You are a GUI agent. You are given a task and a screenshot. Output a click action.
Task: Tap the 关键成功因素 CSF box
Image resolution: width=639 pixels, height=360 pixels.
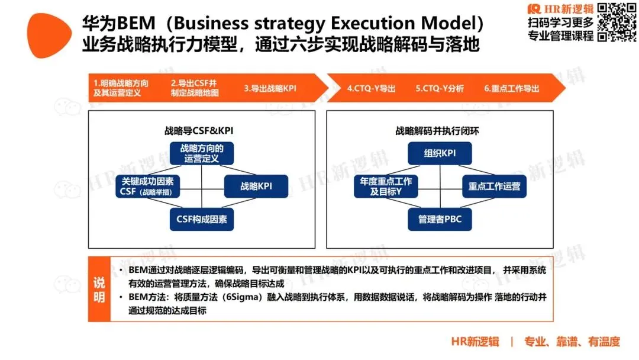151,186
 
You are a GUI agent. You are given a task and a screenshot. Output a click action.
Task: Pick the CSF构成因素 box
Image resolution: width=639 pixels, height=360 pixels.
202,219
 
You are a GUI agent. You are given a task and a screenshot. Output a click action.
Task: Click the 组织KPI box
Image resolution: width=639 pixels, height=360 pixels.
440,154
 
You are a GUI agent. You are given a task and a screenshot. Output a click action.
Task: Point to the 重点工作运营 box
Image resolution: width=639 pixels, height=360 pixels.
494,187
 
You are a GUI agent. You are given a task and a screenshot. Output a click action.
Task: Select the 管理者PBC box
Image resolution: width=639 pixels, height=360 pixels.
440,220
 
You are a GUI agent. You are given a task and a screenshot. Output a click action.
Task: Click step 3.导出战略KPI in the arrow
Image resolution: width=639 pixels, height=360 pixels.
270,88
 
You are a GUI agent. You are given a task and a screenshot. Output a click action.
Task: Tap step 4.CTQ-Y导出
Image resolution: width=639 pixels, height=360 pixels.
371,88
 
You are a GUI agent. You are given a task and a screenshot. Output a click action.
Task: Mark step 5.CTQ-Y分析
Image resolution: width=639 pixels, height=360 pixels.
440,88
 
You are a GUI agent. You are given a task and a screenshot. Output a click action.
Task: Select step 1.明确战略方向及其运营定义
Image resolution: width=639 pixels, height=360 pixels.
121,88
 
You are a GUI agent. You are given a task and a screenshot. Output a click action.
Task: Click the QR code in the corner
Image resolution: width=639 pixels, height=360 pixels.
616,22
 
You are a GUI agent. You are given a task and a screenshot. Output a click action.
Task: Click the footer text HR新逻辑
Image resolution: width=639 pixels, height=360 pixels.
475,341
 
